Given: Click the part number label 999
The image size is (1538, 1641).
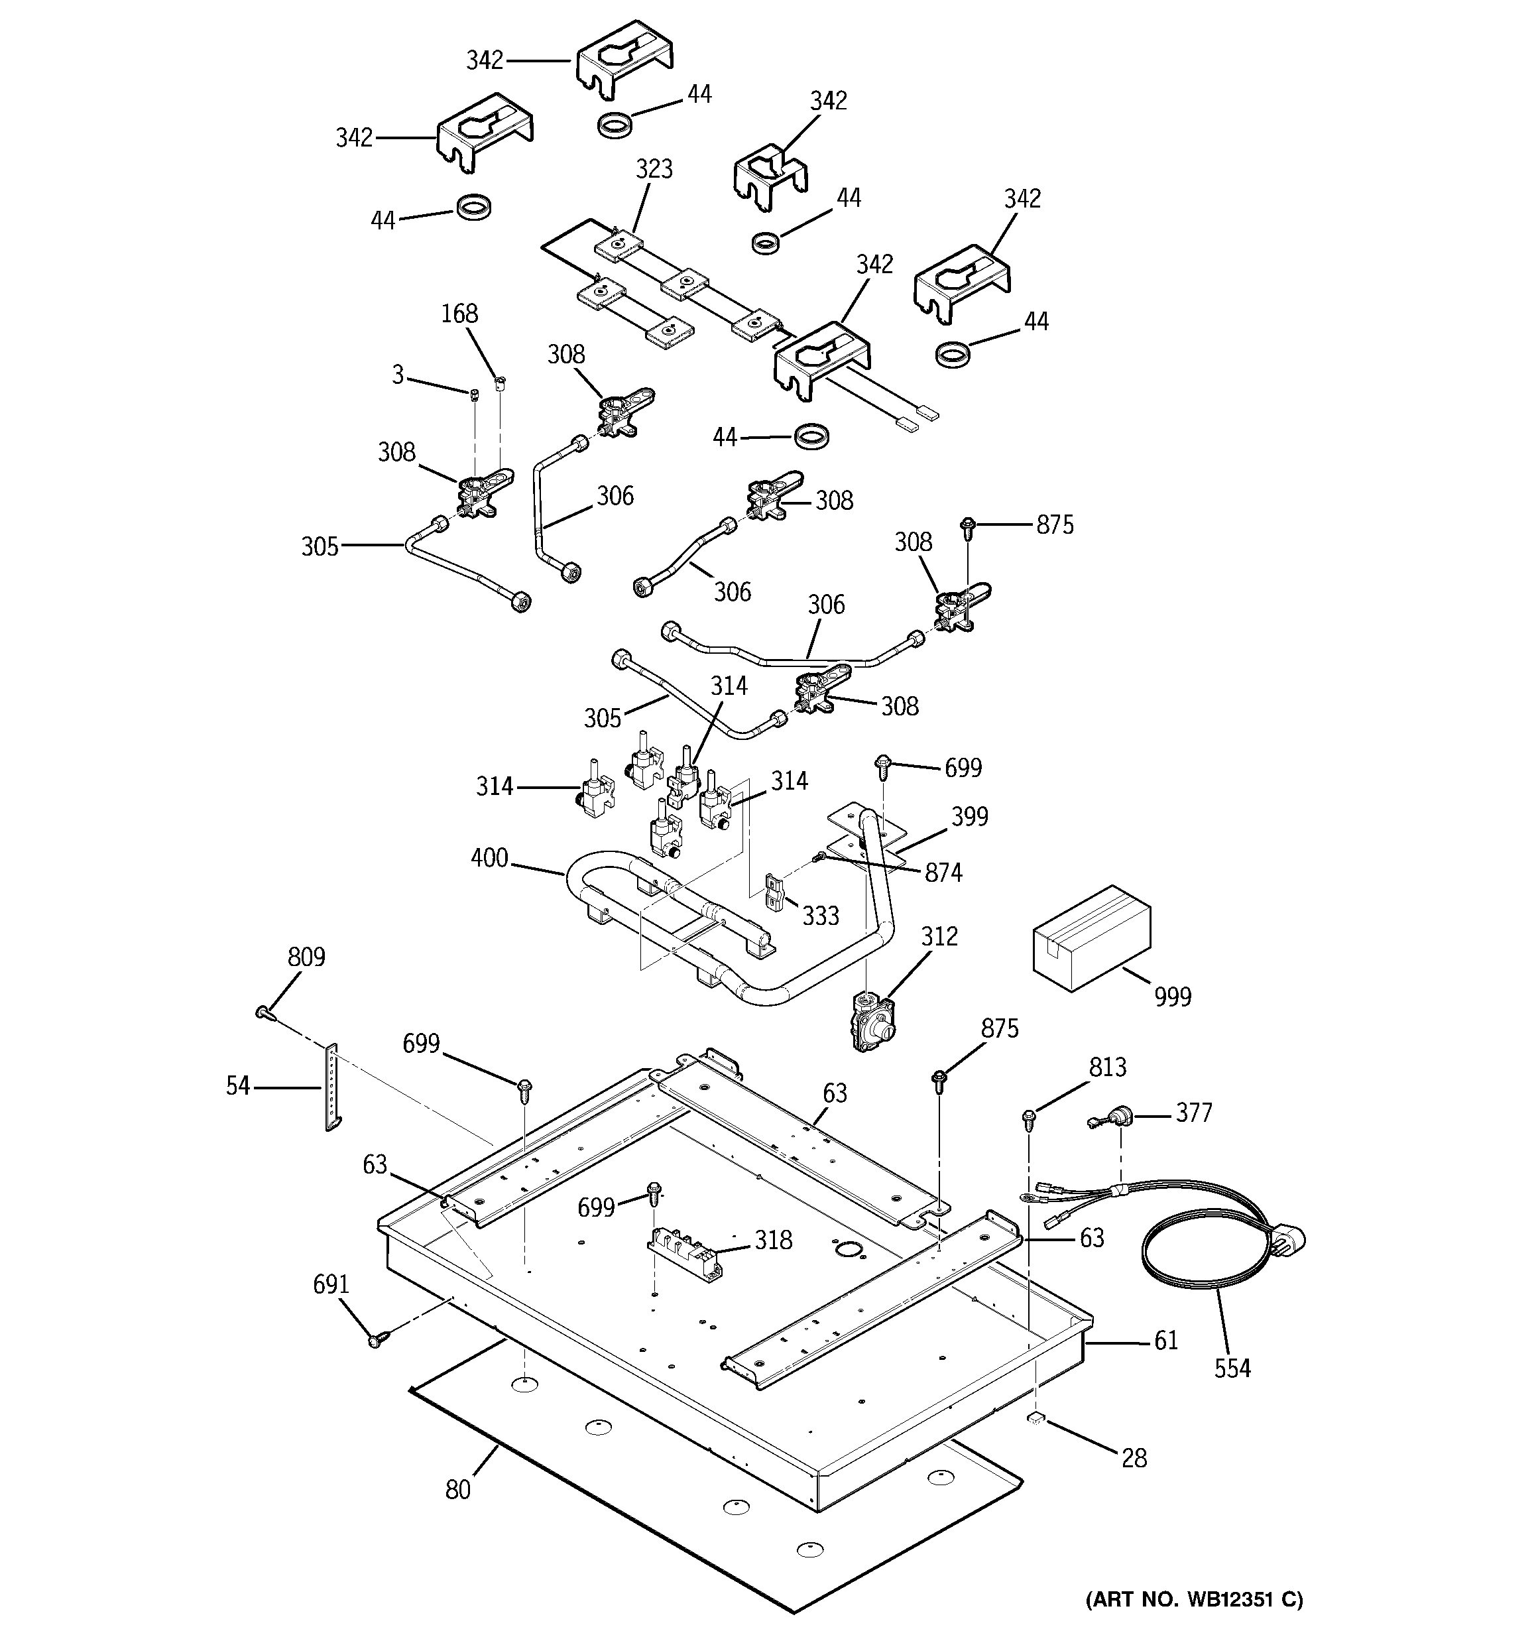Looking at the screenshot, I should click(1172, 997).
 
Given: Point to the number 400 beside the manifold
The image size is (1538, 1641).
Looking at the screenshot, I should click(489, 858).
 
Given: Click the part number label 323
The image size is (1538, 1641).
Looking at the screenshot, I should click(654, 168).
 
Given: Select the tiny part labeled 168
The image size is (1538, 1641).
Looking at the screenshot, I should click(499, 381).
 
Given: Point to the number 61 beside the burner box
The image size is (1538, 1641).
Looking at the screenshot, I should click(1165, 1340).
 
